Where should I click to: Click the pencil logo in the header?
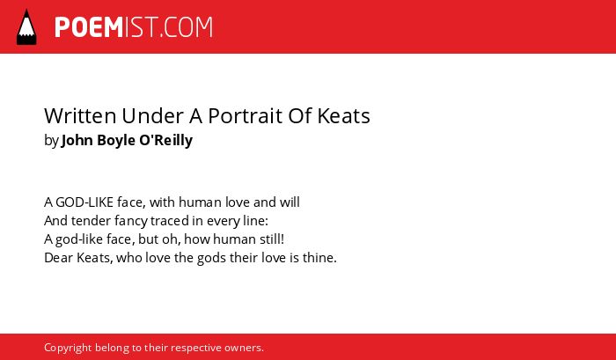click(26, 27)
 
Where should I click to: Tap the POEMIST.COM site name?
click(134, 27)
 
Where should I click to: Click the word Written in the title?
click(80, 115)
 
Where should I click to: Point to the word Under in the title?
click(153, 115)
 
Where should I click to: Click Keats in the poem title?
click(343, 115)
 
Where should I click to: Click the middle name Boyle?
click(116, 140)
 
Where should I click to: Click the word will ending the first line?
click(290, 202)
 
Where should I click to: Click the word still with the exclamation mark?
click(272, 239)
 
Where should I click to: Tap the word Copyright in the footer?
click(68, 349)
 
